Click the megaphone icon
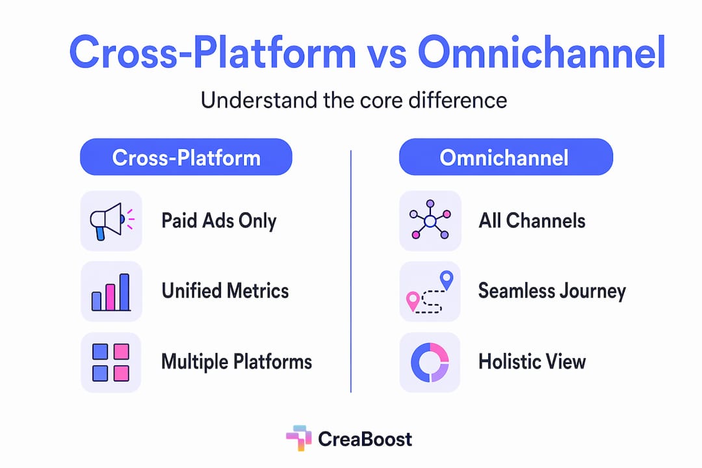[112, 221]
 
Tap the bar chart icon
[111, 292]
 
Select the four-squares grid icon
[110, 362]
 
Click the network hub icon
[430, 220]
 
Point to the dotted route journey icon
[430, 292]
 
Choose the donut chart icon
[430, 362]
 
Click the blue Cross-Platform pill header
[187, 157]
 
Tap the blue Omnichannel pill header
[506, 157]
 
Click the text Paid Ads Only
[219, 221]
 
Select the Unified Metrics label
[225, 291]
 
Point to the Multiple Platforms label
[237, 362]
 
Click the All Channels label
[532, 220]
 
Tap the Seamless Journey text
[552, 292]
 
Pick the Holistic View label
[532, 361]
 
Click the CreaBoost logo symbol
[298, 438]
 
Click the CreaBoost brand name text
[365, 439]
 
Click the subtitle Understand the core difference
[354, 100]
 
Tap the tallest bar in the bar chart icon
[124, 292]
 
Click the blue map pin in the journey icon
[447, 280]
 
